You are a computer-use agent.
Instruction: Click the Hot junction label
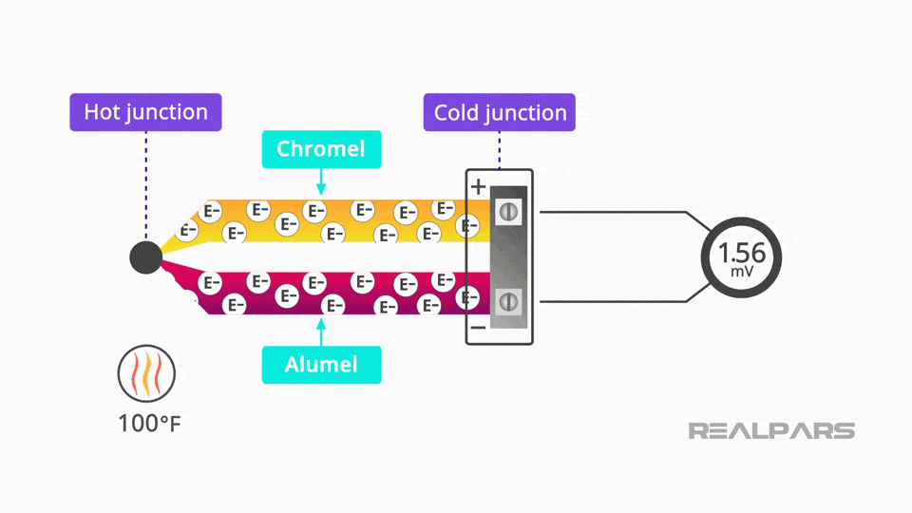pyautogui.click(x=145, y=112)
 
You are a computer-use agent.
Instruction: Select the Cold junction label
pyautogui.click(x=500, y=113)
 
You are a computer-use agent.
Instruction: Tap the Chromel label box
pyautogui.click(x=321, y=149)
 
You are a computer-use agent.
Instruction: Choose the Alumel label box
pyautogui.click(x=321, y=365)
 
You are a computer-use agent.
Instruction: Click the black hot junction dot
pyautogui.click(x=145, y=256)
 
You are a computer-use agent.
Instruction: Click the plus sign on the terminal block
pyautogui.click(x=478, y=186)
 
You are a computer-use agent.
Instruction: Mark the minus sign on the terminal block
pyautogui.click(x=478, y=328)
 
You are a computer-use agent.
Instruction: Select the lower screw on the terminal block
pyautogui.click(x=508, y=301)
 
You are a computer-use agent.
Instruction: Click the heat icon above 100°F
pyautogui.click(x=145, y=372)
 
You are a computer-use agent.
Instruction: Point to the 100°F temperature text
pyautogui.click(x=149, y=423)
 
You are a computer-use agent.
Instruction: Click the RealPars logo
pyautogui.click(x=771, y=431)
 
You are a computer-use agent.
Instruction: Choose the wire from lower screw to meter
pyautogui.click(x=617, y=301)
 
